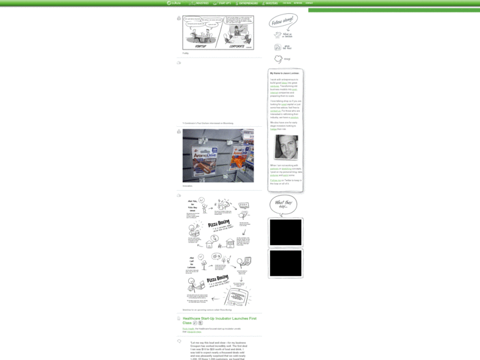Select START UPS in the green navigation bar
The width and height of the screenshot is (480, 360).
click(223, 3)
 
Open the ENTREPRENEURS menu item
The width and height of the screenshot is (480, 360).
click(247, 3)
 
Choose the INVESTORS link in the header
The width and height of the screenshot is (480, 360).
click(271, 3)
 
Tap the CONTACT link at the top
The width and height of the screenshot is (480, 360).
click(309, 3)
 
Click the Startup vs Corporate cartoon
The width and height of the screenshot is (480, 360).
click(218, 33)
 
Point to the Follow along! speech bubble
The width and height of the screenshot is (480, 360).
click(283, 22)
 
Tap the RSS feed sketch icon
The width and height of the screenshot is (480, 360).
click(277, 48)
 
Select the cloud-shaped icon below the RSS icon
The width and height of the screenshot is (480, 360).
click(278, 59)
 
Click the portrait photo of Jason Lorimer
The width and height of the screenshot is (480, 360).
click(286, 147)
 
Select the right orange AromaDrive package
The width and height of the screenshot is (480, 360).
click(227, 158)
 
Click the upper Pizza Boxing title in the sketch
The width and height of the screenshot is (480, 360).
click(219, 224)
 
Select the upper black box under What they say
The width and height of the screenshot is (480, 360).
click(286, 233)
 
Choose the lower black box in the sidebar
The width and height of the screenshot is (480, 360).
click(286, 263)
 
